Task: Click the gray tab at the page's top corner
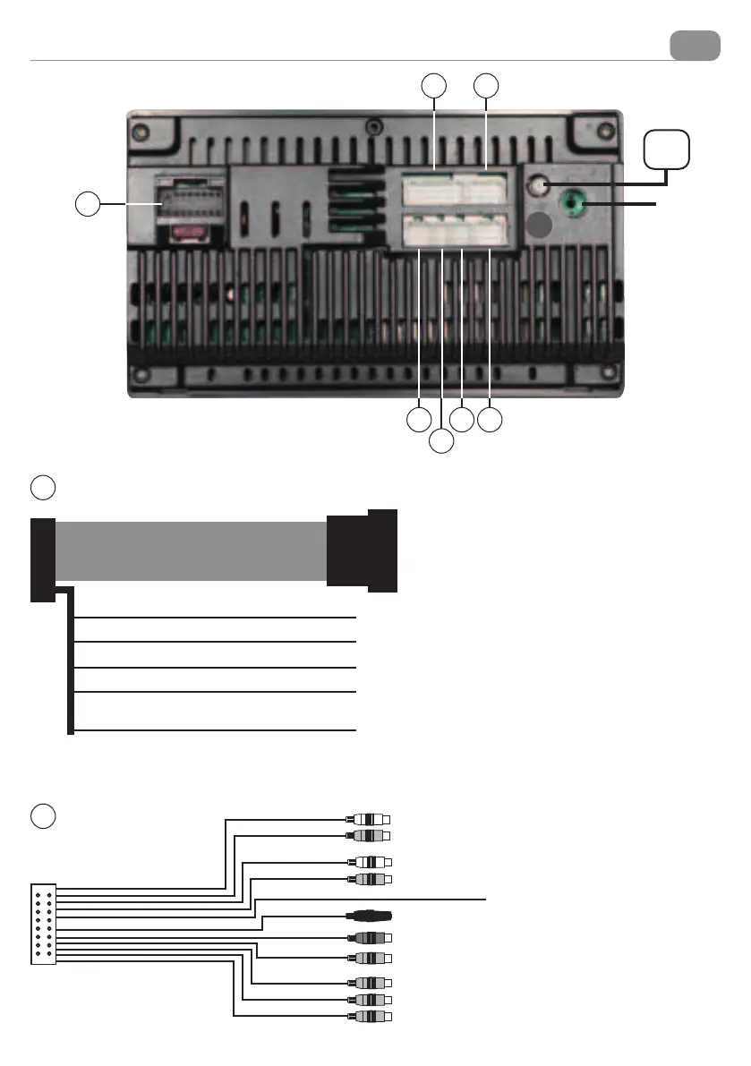[695, 45]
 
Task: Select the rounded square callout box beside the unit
[667, 149]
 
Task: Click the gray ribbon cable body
[191, 551]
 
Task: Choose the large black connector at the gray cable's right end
[362, 550]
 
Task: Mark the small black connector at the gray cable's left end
[42, 559]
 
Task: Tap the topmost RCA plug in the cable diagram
[369, 819]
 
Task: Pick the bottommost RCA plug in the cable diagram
[370, 1017]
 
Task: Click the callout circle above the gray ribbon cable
[43, 488]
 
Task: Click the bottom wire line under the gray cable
[215, 731]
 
